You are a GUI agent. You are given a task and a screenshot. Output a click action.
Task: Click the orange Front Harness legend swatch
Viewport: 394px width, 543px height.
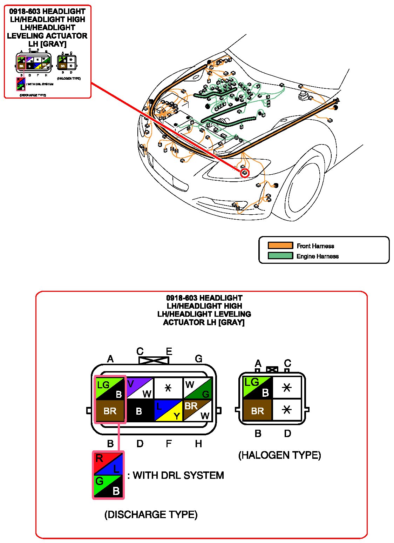click(x=280, y=246)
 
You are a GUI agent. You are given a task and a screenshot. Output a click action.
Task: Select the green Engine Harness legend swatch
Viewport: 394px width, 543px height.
click(x=280, y=256)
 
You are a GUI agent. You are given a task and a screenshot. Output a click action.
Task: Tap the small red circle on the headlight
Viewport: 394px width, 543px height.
click(x=245, y=173)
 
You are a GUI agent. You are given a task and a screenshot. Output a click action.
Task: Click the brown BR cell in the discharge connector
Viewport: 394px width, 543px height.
click(x=110, y=410)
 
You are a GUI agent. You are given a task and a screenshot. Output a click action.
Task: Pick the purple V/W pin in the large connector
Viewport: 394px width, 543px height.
click(x=140, y=388)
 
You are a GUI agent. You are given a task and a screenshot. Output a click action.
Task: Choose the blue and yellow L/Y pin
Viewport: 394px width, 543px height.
click(x=168, y=410)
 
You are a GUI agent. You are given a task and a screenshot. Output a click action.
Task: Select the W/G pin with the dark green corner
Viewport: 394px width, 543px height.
click(x=198, y=388)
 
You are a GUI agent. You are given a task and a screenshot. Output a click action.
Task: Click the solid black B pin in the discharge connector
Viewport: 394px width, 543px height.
click(x=140, y=410)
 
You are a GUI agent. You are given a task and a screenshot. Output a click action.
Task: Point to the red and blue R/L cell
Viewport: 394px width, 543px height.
click(x=108, y=463)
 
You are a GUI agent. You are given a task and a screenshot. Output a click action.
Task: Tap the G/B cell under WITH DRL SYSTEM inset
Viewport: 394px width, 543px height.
click(x=108, y=486)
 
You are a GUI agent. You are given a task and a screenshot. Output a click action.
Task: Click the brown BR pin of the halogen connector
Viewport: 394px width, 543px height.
click(x=258, y=410)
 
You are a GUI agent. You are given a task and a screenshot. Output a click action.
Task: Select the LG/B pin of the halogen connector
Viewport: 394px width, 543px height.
click(x=258, y=387)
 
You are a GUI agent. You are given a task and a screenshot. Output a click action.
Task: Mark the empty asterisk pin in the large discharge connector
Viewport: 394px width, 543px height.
click(x=168, y=388)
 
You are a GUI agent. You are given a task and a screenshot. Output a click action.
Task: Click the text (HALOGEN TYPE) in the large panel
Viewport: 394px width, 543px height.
click(x=279, y=455)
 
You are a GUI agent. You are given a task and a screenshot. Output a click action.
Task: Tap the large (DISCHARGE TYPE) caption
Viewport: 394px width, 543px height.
click(x=151, y=515)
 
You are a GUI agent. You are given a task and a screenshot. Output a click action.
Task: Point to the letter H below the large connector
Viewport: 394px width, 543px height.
click(x=198, y=444)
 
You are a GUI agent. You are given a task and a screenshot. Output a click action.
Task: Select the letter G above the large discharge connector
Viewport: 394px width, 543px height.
click(x=198, y=359)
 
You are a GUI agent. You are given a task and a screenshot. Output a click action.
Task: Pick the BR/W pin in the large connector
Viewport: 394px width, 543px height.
click(x=198, y=410)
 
